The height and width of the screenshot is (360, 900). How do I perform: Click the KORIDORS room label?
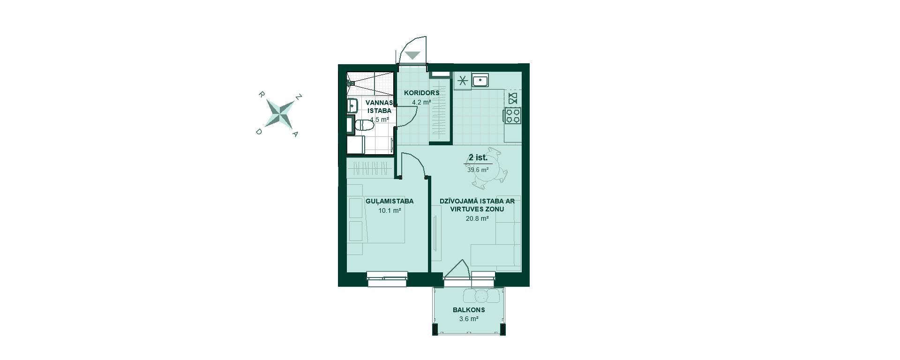[x=422, y=93]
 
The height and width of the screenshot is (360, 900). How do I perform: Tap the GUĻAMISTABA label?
[x=390, y=201]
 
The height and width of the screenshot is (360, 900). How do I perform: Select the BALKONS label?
[x=469, y=310]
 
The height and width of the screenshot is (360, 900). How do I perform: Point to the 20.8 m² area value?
[x=477, y=218]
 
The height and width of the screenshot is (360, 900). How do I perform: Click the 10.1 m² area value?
[x=390, y=210]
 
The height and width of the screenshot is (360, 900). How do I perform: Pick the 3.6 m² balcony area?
[x=469, y=319]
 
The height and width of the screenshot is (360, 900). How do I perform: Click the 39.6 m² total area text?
[x=478, y=170]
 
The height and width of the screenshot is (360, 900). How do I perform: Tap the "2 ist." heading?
[x=478, y=157]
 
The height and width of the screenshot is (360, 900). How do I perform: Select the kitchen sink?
[x=480, y=81]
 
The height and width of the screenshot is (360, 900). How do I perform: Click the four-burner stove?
[x=513, y=115]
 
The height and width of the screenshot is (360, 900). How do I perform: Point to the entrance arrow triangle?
[x=412, y=55]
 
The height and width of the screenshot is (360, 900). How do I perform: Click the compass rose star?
[x=280, y=114]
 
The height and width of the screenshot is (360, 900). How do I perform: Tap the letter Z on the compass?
[x=299, y=97]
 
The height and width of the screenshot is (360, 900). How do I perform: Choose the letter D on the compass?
[x=258, y=132]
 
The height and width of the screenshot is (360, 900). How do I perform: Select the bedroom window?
[x=387, y=278]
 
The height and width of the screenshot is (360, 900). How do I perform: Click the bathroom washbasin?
[x=352, y=105]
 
